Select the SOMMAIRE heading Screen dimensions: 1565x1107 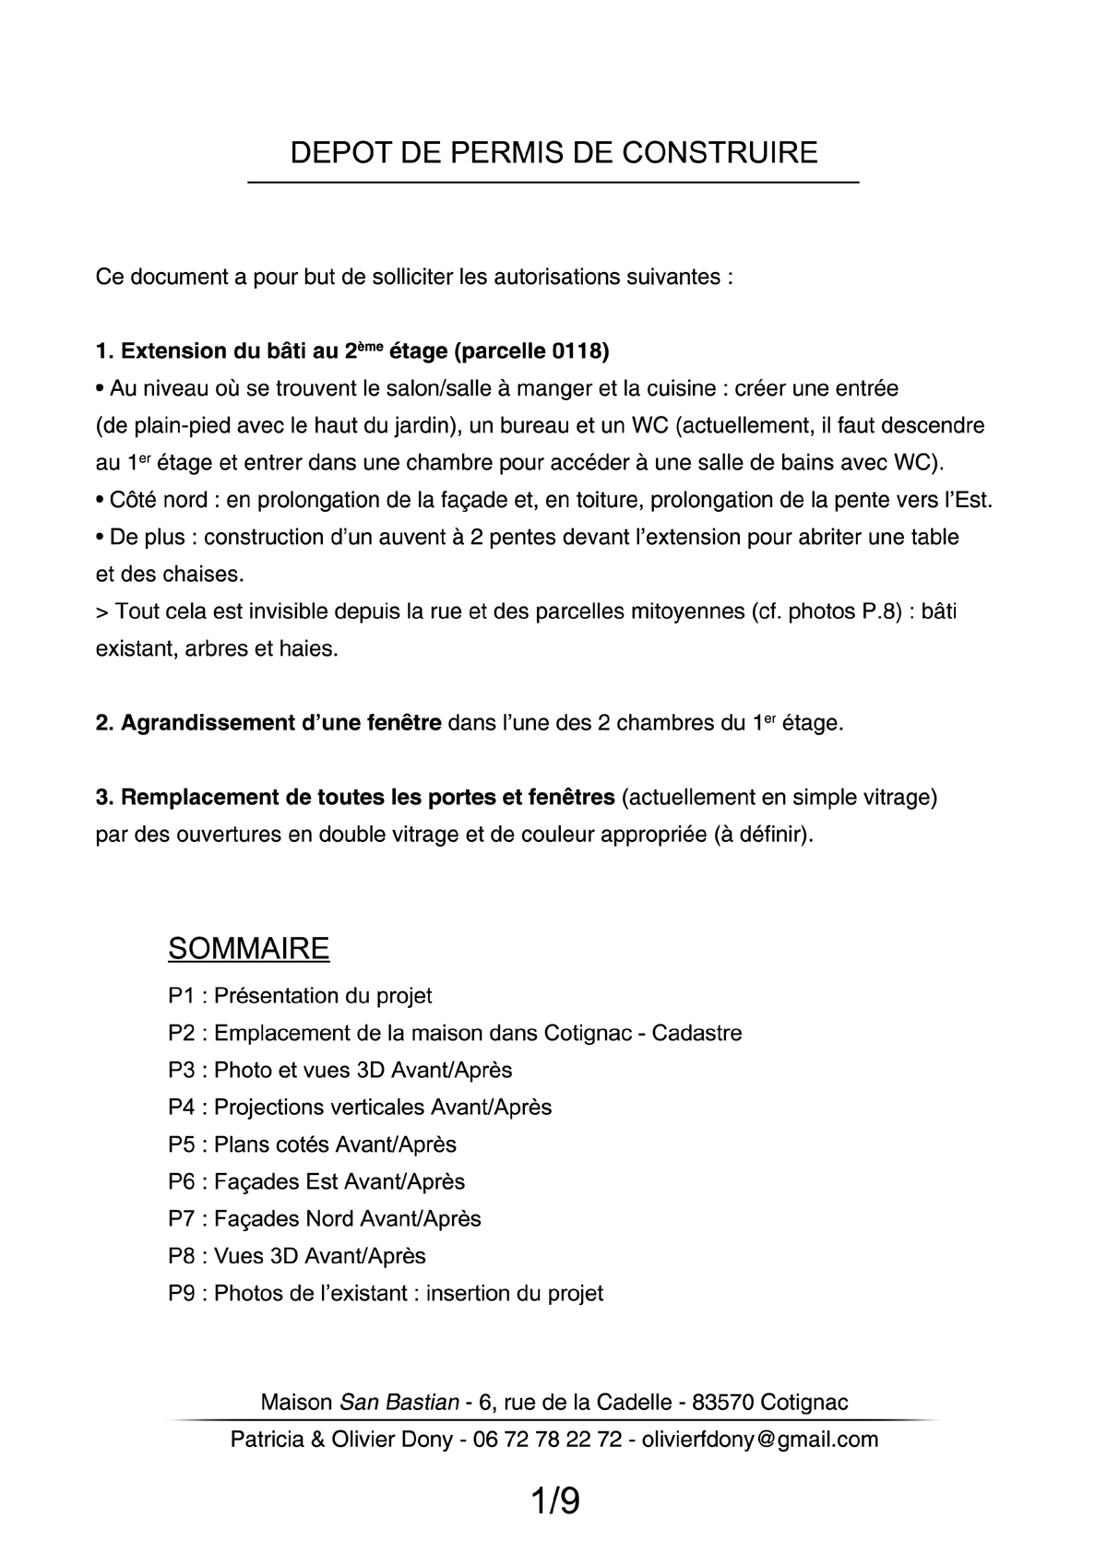point(248,948)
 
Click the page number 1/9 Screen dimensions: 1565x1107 point(554,1501)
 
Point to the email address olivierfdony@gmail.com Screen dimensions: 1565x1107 point(759,1439)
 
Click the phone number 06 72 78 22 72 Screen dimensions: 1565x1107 point(547,1439)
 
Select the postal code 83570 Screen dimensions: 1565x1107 point(723,1402)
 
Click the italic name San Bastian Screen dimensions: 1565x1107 point(399,1402)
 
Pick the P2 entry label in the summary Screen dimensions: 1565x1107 point(182,1033)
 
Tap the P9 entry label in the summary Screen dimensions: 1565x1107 point(182,1293)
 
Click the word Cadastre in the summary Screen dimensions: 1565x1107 point(696,1033)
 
